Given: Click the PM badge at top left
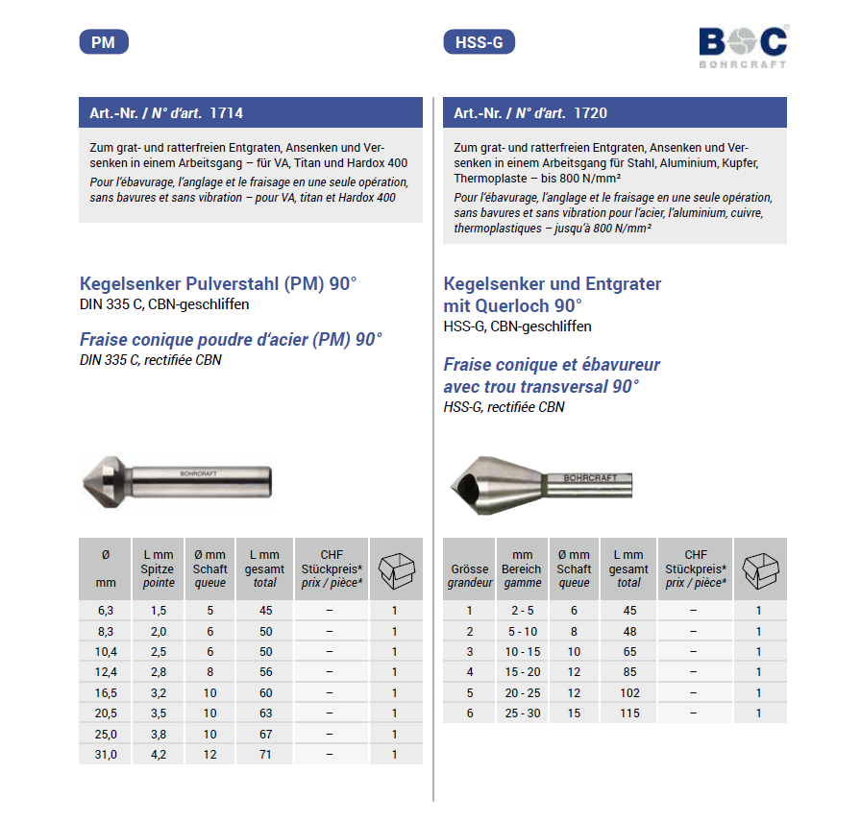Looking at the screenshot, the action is [x=104, y=42].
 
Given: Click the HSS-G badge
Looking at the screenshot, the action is [x=479, y=42].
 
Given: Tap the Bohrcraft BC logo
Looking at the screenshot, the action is [x=743, y=47].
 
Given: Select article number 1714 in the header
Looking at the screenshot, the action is [x=226, y=113].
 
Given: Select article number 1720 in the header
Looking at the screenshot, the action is [x=590, y=113].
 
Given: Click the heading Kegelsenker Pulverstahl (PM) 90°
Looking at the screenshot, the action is [x=218, y=283].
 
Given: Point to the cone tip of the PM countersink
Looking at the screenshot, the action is [x=84, y=483].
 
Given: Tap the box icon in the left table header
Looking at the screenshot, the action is [x=397, y=570].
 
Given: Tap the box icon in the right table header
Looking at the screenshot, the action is [x=760, y=570].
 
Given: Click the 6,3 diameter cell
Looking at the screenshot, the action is [x=106, y=611].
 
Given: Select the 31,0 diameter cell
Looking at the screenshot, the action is [x=106, y=755].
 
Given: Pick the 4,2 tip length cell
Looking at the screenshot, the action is [x=159, y=755].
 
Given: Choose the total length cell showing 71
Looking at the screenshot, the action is [x=265, y=755].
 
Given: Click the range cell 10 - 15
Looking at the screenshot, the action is [x=522, y=652].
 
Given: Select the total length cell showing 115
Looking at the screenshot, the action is [x=629, y=713].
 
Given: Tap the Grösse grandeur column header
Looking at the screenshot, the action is [x=470, y=575].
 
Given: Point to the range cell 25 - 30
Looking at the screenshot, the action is [x=522, y=713].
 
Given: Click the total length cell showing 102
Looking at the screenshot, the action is [x=629, y=693].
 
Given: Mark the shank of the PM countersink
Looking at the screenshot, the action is [x=202, y=482].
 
